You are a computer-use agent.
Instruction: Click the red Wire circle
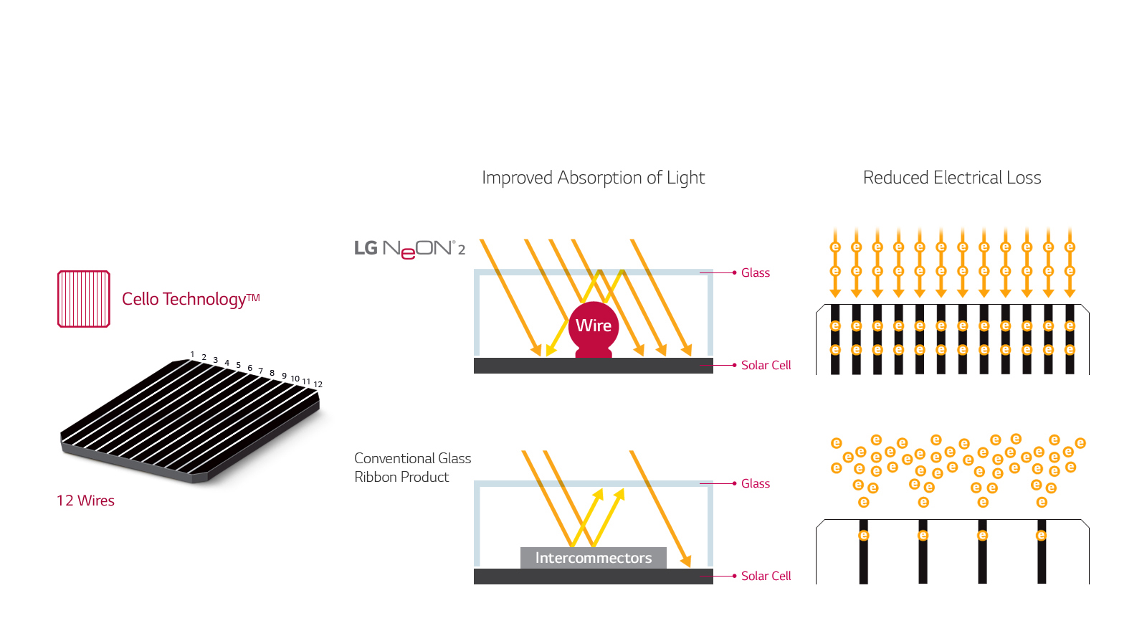pos(594,326)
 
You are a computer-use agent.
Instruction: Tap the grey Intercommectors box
pos(594,558)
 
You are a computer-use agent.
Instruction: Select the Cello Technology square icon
pos(84,299)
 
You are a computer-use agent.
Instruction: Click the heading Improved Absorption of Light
pos(594,178)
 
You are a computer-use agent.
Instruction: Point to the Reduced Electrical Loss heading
pos(952,178)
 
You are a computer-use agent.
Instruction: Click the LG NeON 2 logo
pos(409,249)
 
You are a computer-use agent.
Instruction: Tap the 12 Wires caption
pos(85,500)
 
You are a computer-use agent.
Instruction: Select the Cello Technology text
pos(191,299)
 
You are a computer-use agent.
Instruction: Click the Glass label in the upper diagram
pos(756,272)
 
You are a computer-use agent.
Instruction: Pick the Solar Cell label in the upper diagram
pos(766,365)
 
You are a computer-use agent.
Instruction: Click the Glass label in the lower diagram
pos(756,483)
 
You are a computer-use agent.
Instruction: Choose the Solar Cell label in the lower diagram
pos(766,576)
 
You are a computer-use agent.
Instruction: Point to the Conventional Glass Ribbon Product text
pos(412,468)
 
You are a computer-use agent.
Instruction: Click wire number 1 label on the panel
pos(192,354)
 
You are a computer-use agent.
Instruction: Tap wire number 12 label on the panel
pos(318,384)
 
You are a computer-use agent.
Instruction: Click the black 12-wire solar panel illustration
pos(190,419)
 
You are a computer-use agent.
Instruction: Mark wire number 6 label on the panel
pos(250,368)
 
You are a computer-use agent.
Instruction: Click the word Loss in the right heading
pos(1024,178)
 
